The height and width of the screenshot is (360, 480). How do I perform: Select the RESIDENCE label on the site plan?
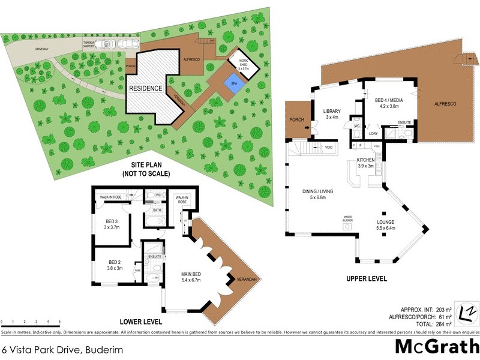click(x=146, y=88)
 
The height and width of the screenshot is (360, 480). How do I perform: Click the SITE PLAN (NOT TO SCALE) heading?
click(x=146, y=169)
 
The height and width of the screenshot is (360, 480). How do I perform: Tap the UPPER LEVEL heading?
click(x=367, y=279)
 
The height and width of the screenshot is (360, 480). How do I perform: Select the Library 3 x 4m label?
click(x=332, y=114)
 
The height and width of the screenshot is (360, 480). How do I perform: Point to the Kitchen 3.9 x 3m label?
click(x=365, y=163)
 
